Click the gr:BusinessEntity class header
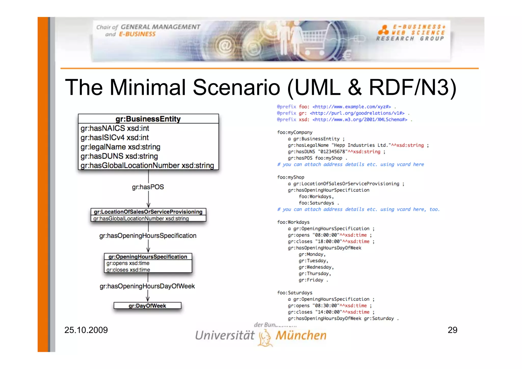[148, 119]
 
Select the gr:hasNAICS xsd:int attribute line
[115, 128]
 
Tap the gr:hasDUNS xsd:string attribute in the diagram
[119, 156]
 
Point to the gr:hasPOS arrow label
[148, 187]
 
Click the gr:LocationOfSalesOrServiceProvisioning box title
[148, 212]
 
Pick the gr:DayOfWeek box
[147, 306]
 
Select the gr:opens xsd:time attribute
[128, 263]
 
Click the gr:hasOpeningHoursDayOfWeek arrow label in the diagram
[147, 286]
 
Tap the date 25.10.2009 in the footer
[86, 330]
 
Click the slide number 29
[452, 330]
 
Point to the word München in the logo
[301, 335]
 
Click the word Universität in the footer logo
[225, 335]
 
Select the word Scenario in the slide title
[236, 87]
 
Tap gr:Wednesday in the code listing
[316, 267]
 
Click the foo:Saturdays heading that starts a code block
[295, 292]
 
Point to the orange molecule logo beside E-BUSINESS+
[383, 30]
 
